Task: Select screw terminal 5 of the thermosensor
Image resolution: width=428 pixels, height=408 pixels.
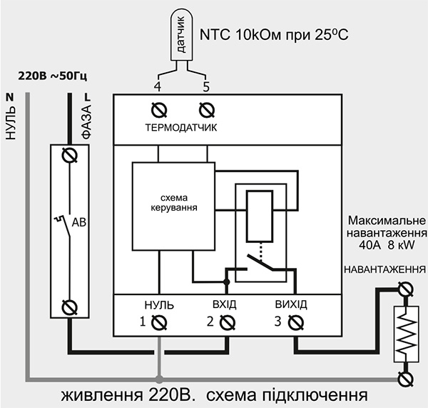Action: coord(206,110)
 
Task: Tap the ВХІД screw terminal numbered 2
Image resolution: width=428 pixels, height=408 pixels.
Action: coord(226,322)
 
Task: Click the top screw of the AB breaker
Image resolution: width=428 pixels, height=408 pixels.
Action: coord(69,154)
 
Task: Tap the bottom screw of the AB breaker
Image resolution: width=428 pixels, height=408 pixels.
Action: coord(69,307)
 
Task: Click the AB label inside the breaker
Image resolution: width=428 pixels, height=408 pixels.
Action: coord(79,223)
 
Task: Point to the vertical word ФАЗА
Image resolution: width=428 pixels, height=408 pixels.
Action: coord(86,121)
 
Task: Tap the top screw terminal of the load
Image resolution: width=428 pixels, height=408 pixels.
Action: coord(406,289)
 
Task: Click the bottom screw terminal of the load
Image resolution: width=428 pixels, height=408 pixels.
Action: coord(406,376)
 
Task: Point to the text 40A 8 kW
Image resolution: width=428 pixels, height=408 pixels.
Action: coord(386,244)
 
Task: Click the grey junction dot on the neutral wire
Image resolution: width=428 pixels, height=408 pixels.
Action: coord(159,376)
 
